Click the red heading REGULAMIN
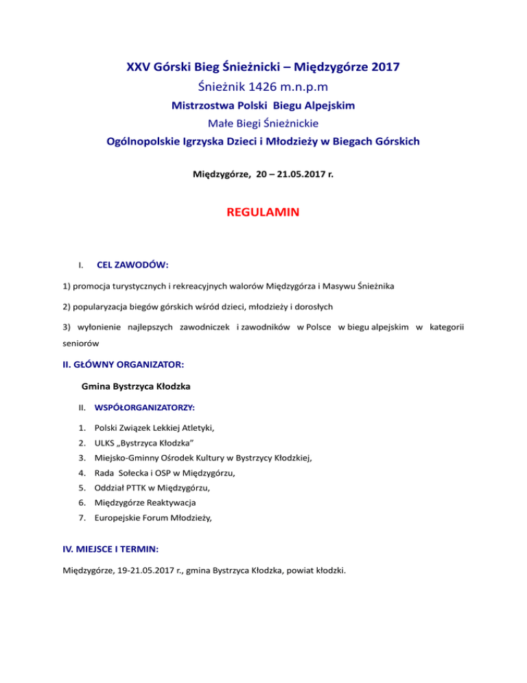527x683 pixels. (263, 214)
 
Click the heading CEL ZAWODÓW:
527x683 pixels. (134, 265)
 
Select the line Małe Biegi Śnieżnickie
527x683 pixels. (263, 124)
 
